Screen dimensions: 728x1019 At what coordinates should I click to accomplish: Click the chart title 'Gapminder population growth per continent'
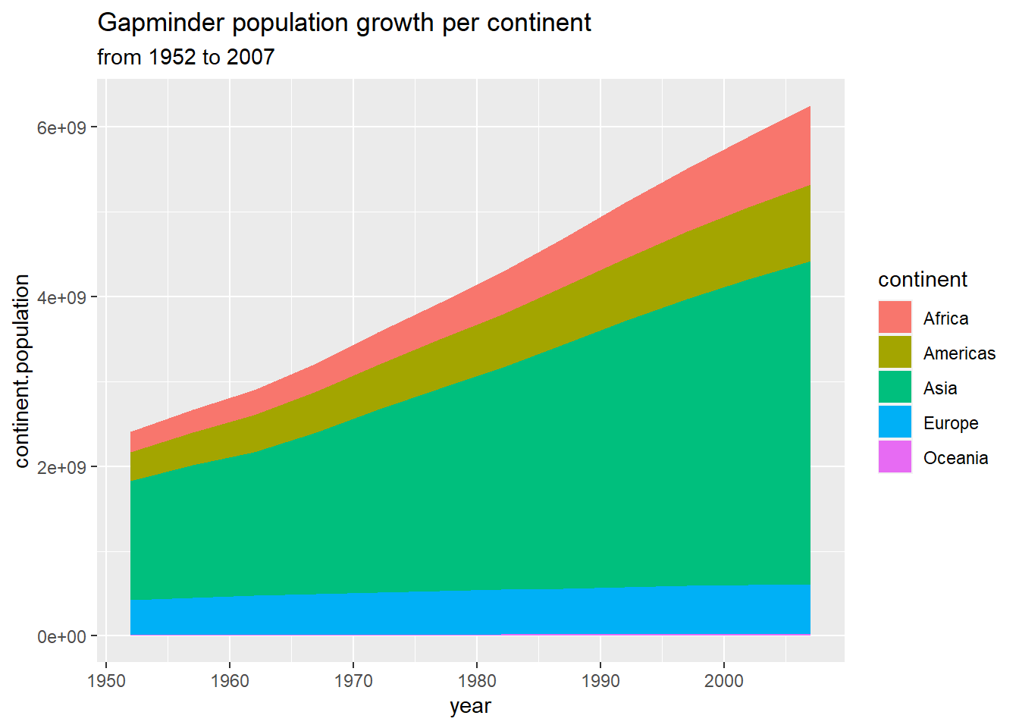tap(344, 23)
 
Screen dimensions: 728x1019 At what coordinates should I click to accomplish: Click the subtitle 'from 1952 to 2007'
tap(186, 57)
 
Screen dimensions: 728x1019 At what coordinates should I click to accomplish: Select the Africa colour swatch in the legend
tap(895, 318)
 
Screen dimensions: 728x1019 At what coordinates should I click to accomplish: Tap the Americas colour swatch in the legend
tap(895, 353)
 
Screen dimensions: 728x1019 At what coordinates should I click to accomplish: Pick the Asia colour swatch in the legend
tap(895, 388)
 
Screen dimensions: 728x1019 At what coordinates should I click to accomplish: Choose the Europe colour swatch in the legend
tap(895, 422)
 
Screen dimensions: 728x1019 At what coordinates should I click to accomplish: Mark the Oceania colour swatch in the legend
tap(895, 457)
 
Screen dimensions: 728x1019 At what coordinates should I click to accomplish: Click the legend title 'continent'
tap(922, 280)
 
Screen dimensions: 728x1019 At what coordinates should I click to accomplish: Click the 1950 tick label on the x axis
tap(107, 681)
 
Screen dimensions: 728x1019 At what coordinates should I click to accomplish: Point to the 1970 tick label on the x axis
tap(353, 681)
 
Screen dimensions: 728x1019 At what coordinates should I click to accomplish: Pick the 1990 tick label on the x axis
tap(600, 681)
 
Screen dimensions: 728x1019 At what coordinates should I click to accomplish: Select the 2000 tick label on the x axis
tap(724, 681)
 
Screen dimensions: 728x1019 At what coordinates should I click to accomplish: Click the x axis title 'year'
tap(470, 706)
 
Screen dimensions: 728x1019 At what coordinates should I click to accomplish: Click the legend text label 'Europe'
tap(950, 423)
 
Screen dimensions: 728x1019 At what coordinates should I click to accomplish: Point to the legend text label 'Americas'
tap(959, 353)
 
